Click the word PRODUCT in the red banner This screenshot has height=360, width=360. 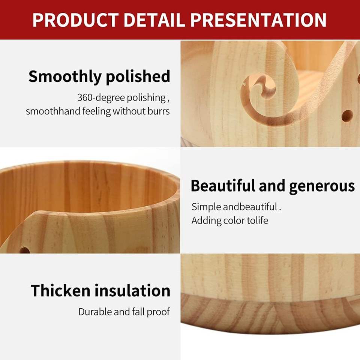click(x=75, y=20)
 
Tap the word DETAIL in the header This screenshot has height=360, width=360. click(x=154, y=20)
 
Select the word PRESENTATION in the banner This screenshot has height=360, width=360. click(x=258, y=20)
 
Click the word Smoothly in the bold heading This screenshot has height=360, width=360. click(x=65, y=77)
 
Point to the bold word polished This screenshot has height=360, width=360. click(x=138, y=77)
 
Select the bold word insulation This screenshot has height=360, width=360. click(x=132, y=290)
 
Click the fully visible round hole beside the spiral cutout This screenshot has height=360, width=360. click(x=347, y=115)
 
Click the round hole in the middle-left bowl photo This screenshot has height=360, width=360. click(x=25, y=250)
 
